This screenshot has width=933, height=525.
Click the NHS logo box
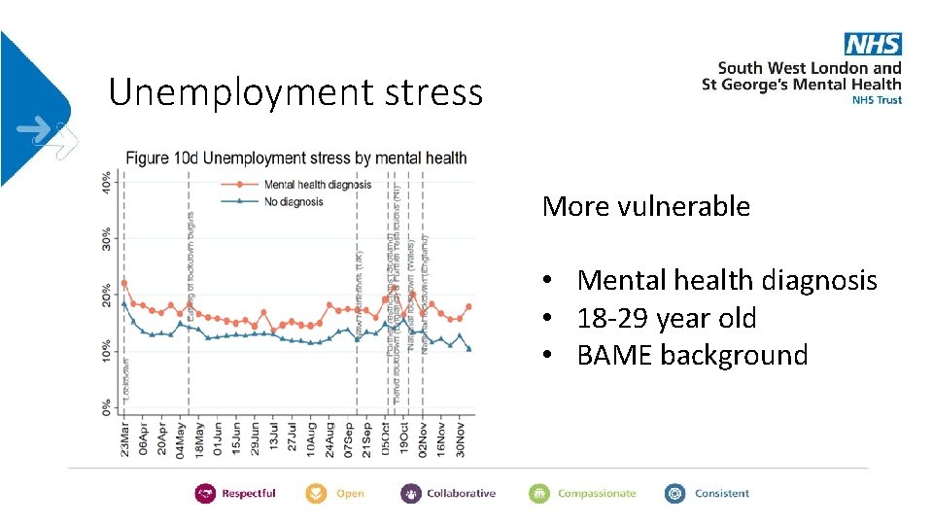[873, 44]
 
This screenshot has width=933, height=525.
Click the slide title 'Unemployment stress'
[295, 92]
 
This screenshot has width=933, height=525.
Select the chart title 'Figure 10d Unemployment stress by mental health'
[294, 157]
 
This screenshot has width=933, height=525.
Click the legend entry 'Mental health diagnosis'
[318, 185]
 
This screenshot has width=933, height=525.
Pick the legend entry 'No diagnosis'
[294, 202]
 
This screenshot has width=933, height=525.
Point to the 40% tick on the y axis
[107, 181]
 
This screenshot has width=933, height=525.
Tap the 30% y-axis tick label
[107, 238]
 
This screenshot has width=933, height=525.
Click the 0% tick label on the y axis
[107, 407]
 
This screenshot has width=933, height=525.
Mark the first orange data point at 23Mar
[124, 284]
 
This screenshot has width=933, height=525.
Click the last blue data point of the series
[469, 349]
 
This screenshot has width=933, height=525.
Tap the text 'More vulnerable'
[645, 206]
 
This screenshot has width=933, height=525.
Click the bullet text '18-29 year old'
[667, 318]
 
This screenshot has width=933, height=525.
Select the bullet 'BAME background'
[692, 355]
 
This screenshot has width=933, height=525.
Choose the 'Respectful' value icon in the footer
[205, 494]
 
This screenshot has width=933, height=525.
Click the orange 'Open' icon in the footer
[317, 494]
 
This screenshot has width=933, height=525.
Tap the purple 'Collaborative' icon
[411, 494]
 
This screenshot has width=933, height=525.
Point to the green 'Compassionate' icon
[539, 494]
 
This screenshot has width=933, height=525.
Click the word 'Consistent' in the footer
[721, 494]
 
